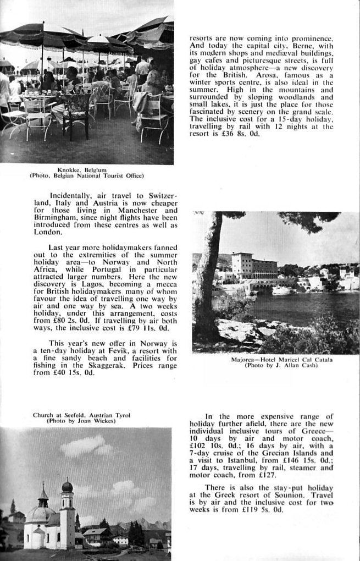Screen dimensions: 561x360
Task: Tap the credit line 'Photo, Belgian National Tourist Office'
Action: [x=86, y=176]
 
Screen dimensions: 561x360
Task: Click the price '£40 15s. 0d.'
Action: [x=65, y=373]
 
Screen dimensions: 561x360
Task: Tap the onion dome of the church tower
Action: [x=67, y=486]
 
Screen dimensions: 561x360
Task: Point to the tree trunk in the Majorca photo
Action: [x=206, y=286]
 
